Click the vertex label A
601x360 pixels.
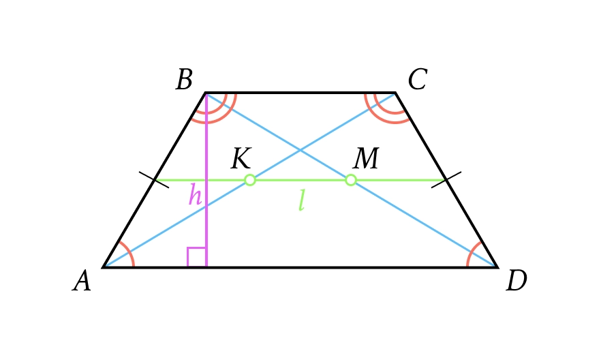point(82,281)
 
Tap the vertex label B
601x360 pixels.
point(185,79)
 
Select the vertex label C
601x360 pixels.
point(418,79)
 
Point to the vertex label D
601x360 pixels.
point(517,281)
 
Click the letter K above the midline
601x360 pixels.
point(241,158)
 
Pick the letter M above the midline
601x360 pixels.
point(366,158)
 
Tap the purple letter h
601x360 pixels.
point(195,194)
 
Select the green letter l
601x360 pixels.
point(302,200)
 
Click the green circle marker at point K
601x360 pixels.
point(250,180)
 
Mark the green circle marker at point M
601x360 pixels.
point(351,180)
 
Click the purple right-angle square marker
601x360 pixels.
point(197,257)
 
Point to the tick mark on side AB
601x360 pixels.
point(154,180)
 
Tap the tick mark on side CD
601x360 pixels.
point(446,180)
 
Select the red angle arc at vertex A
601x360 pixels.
point(127,253)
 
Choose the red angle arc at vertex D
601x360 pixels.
point(474,254)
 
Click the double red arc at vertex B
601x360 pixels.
point(215,109)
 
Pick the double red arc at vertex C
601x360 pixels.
point(386,109)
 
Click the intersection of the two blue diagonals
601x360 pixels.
point(300,151)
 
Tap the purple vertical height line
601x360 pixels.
point(206,180)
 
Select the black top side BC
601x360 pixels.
point(300,93)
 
